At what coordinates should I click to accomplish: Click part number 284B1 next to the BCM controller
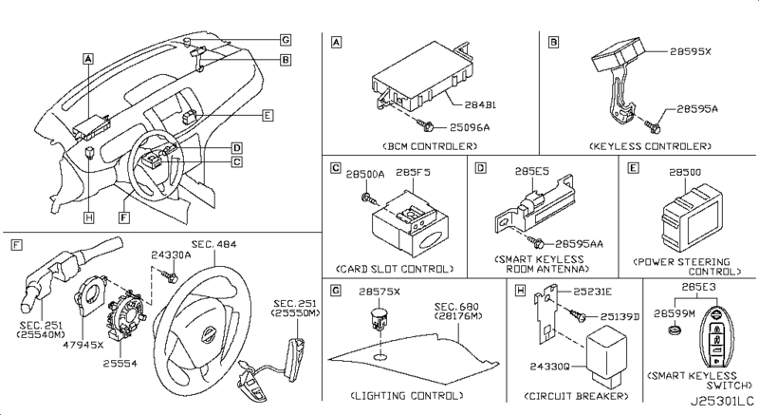(x=480, y=105)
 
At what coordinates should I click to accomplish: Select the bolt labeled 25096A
(x=427, y=126)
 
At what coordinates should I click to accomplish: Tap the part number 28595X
(x=691, y=51)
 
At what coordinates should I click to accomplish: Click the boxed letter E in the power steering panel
(x=633, y=167)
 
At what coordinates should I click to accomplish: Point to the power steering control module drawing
(x=692, y=218)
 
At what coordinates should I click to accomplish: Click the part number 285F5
(x=413, y=173)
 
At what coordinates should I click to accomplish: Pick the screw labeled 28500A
(x=368, y=198)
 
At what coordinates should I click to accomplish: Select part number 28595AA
(x=579, y=243)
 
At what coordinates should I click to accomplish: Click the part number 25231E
(x=592, y=292)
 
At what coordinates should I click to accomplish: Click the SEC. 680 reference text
(x=456, y=307)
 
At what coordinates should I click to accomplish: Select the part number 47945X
(x=83, y=345)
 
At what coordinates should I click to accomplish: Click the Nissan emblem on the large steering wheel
(x=208, y=334)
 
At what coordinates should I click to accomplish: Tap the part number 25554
(x=120, y=363)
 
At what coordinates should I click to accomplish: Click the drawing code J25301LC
(x=722, y=402)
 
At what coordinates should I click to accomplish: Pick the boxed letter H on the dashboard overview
(x=88, y=217)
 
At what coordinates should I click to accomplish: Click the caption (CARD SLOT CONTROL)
(x=395, y=269)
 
